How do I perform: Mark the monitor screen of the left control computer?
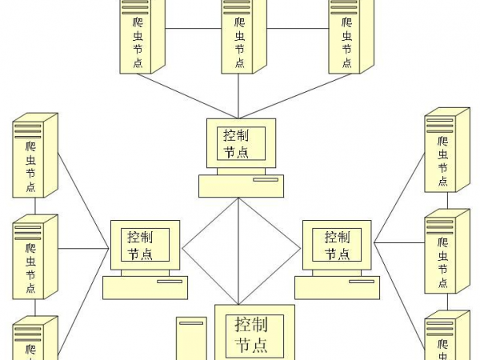(x=149, y=245)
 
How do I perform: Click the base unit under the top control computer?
(x=241, y=186)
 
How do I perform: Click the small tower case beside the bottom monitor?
(x=191, y=339)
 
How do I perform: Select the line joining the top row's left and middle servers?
(x=193, y=29)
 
